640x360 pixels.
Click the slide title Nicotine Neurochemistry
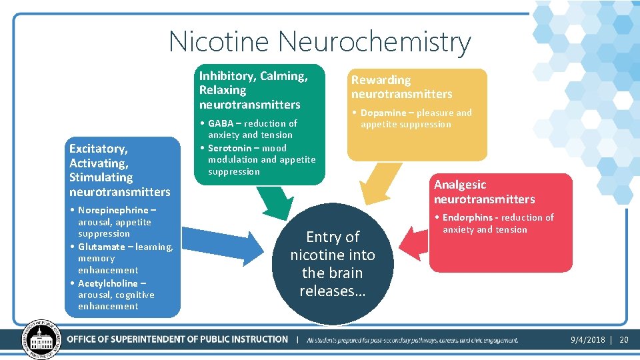[320, 41]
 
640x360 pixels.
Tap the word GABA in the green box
[221, 123]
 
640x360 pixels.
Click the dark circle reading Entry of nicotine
[333, 264]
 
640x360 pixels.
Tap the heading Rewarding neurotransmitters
[401, 87]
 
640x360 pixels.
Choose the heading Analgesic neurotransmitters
[484, 192]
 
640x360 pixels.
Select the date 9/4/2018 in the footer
[587, 340]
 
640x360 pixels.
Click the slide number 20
[624, 340]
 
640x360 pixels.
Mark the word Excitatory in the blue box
[98, 148]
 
